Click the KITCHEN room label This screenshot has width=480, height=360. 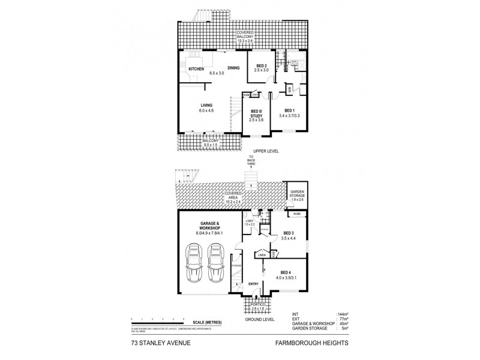click(x=196, y=69)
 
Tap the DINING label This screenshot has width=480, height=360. click(x=233, y=68)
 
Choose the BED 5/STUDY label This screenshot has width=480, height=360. click(x=257, y=115)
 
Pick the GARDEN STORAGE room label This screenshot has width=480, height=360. click(x=298, y=193)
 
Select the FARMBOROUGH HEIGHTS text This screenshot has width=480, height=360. click(x=312, y=344)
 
